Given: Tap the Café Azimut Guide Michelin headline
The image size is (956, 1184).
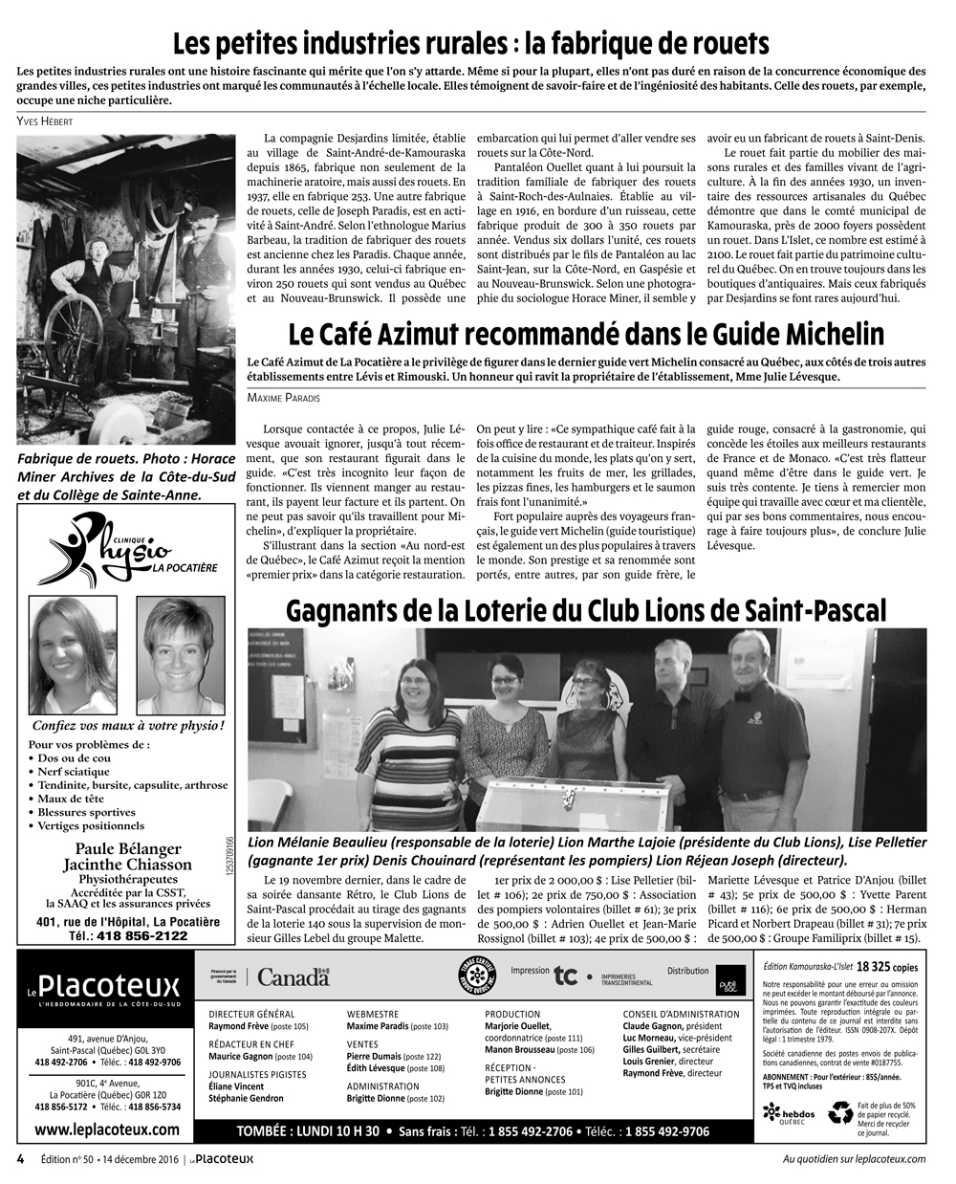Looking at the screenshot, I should click(585, 334).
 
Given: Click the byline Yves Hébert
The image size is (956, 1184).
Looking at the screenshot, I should click(45, 121).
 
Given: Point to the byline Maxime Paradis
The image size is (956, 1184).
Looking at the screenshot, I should click(283, 396).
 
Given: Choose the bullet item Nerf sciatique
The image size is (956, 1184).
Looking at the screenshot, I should click(74, 771).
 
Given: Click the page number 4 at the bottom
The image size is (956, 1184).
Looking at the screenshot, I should click(20, 1158).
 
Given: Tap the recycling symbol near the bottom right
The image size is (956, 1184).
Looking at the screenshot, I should click(840, 1112).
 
